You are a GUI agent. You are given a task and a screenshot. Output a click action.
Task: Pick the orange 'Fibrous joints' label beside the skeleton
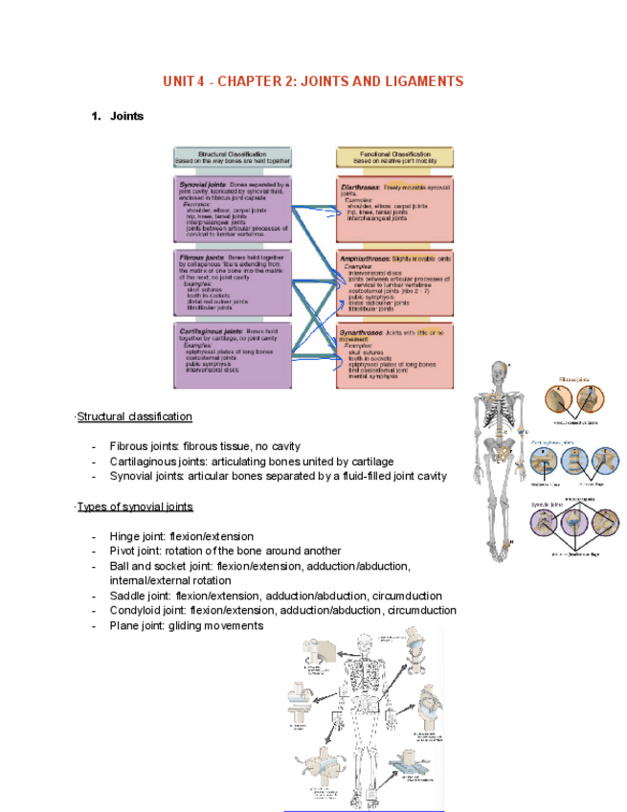(575, 380)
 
